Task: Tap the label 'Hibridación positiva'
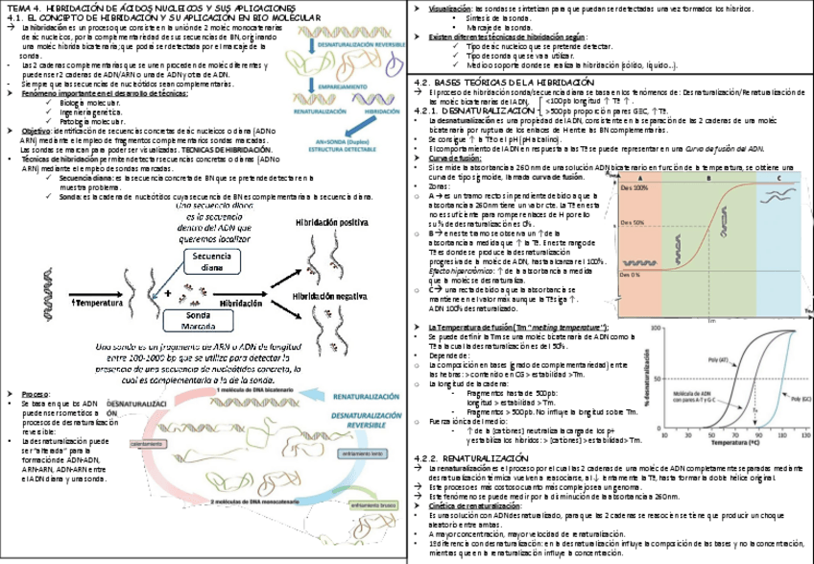(333, 222)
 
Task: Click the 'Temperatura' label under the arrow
(99, 303)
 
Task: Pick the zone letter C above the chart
(778, 179)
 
